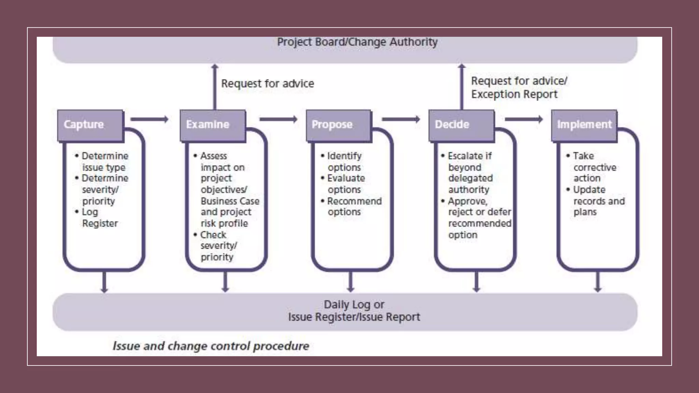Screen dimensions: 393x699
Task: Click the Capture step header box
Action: point(90,125)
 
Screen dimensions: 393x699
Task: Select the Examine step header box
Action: point(212,125)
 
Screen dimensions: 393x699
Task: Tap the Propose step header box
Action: point(338,125)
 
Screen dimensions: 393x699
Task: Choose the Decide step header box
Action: point(461,125)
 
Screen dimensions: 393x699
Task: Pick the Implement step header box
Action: point(584,125)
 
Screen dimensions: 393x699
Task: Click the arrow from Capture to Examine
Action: point(149,119)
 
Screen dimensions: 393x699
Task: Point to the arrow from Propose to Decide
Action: point(401,119)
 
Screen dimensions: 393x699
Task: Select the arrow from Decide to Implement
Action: point(524,119)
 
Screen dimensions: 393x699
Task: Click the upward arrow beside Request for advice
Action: point(215,87)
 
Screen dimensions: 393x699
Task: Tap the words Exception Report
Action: point(514,94)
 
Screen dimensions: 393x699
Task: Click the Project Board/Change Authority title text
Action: point(357,42)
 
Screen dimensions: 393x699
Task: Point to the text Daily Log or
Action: point(354,304)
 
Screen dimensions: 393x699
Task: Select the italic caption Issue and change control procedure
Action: point(211,346)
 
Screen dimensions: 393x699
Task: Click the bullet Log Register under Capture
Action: point(99,218)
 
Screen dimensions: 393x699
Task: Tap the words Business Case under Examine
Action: point(230,201)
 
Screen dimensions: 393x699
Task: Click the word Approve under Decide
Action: point(467,201)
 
